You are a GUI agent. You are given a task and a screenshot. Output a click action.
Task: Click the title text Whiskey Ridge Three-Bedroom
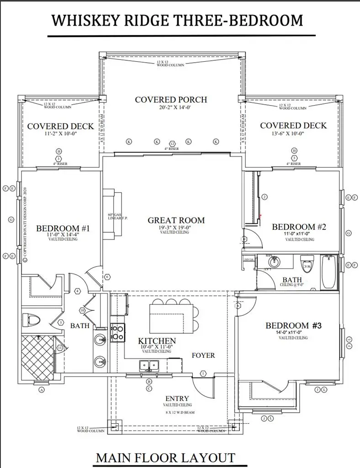pyautogui.click(x=177, y=21)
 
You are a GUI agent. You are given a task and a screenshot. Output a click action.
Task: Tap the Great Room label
pyautogui.click(x=176, y=220)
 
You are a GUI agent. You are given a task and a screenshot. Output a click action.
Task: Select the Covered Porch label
pyautogui.click(x=171, y=100)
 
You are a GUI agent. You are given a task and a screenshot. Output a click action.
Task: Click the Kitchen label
pyautogui.click(x=157, y=341)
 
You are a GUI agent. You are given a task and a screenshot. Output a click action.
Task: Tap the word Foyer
pyautogui.click(x=203, y=355)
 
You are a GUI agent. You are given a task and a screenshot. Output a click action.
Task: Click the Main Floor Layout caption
pyautogui.click(x=165, y=457)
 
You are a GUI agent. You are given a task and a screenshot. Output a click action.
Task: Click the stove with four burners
pyautogui.click(x=118, y=332)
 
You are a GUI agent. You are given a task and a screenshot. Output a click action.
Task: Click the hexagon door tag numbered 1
pyautogui.click(x=203, y=373)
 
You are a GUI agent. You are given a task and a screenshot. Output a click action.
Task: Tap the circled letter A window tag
pyautogui.click(x=42, y=390)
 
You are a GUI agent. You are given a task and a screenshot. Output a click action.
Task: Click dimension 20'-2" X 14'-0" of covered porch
pyautogui.click(x=171, y=108)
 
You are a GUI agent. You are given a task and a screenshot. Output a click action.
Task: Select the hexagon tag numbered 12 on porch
pyautogui.click(x=173, y=144)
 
